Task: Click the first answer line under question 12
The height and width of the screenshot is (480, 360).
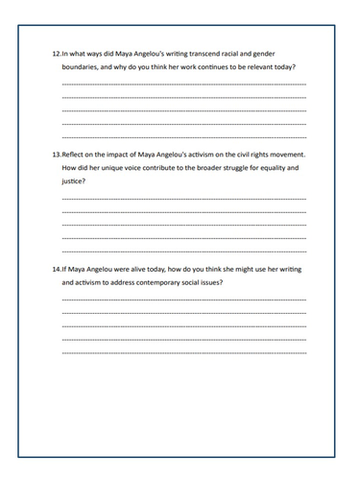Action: tap(183, 85)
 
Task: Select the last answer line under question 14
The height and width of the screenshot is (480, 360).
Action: tap(183, 352)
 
